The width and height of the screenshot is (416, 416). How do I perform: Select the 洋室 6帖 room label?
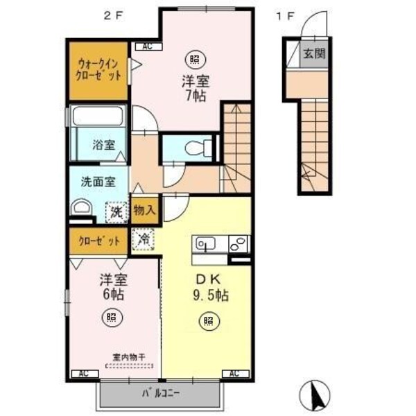111,287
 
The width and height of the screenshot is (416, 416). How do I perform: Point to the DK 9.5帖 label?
207,287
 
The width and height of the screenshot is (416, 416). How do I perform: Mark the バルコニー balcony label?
162,394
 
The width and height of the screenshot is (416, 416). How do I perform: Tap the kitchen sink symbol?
207,244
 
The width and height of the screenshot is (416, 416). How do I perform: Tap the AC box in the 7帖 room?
147,47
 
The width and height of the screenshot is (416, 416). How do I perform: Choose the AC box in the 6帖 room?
84,374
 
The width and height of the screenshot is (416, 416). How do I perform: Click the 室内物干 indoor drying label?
129,358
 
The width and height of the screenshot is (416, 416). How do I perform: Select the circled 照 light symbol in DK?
207,320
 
